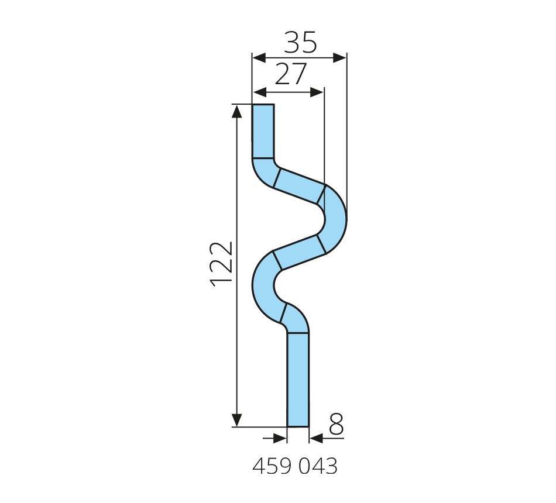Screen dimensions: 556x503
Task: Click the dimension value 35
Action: click(300, 42)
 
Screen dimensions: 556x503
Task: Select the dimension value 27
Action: click(290, 74)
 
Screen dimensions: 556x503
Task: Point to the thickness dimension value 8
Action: click(336, 424)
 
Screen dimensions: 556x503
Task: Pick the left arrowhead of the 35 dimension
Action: click(259, 58)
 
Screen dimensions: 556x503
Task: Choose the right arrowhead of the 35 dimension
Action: click(339, 58)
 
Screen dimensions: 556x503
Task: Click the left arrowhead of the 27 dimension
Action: click(260, 92)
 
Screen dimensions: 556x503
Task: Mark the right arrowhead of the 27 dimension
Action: click(317, 92)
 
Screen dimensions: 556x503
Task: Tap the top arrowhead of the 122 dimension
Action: click(237, 111)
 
